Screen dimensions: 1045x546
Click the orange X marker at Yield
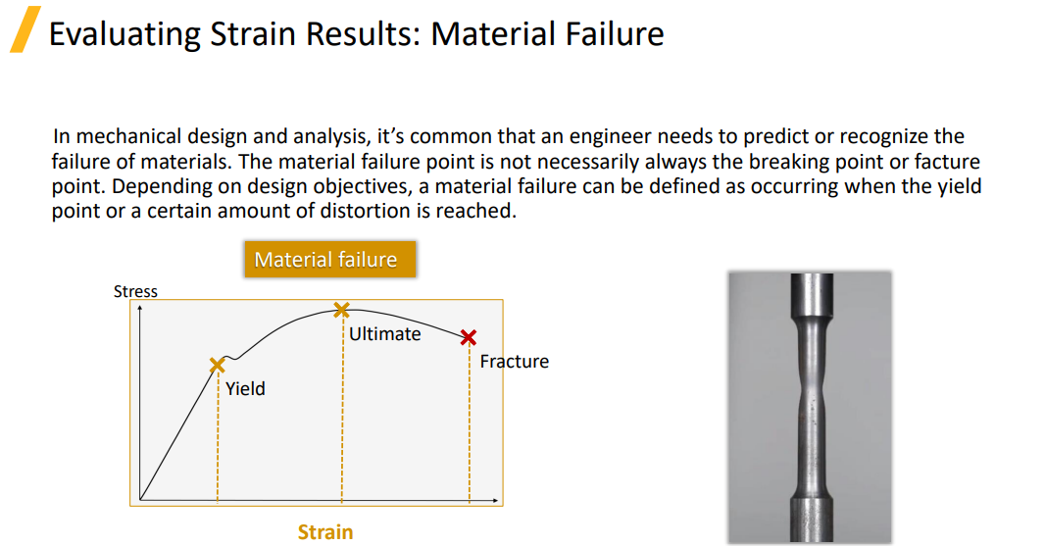[217, 366]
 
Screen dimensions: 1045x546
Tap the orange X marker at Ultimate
[341, 310]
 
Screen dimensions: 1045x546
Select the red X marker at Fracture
[469, 337]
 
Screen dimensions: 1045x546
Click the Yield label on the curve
[245, 388]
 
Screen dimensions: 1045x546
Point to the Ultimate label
[385, 334]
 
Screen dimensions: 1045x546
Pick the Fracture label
[515, 362]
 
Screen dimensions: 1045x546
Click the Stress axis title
[135, 291]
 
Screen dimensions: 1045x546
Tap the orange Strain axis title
[325, 532]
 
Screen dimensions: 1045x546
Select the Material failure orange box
[330, 260]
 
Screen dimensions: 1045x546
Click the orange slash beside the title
[25, 29]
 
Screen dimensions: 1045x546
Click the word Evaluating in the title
[124, 34]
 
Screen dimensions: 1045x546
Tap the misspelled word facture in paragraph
[947, 162]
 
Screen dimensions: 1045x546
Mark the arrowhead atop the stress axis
[140, 308]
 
